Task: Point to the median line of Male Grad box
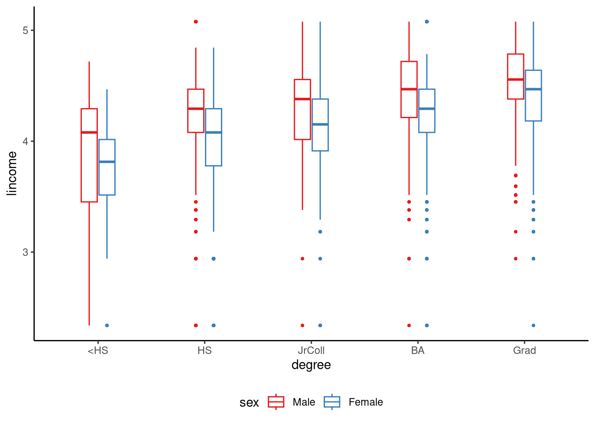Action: [515, 80]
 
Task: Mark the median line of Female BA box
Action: [427, 108]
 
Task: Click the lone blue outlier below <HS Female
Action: [107, 325]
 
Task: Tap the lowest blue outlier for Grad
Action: [533, 325]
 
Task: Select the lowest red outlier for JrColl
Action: [302, 325]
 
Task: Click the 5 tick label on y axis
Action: [25, 31]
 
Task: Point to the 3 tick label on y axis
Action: [25, 252]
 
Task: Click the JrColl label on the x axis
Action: [311, 351]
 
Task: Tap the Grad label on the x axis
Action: [524, 351]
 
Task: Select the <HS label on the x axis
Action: [98, 351]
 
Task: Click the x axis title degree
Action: [311, 365]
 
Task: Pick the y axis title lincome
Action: [12, 173]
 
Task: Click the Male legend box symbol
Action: [276, 402]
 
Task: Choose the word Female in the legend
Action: [366, 402]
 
